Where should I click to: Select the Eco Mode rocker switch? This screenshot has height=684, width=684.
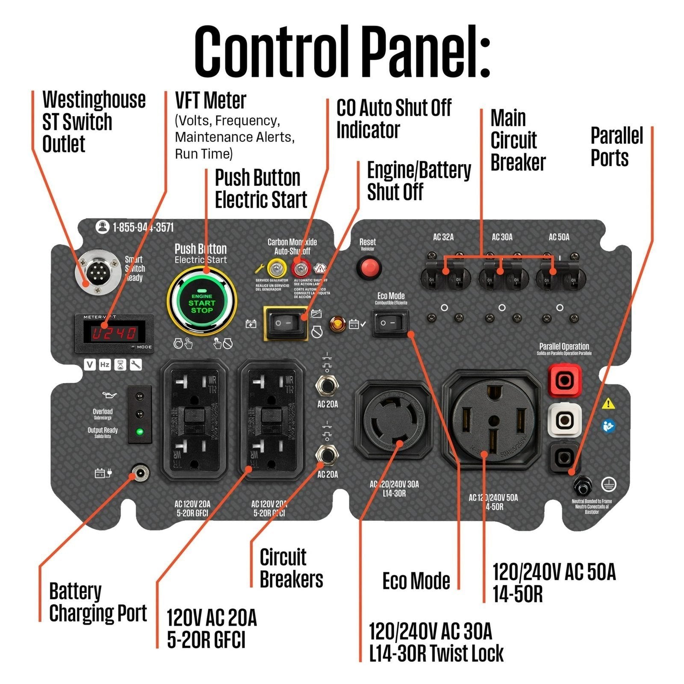[x=390, y=323]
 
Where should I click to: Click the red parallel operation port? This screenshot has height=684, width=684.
[x=565, y=380]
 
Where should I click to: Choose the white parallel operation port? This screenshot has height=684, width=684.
[x=565, y=420]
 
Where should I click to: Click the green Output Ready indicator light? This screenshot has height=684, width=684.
[x=139, y=431]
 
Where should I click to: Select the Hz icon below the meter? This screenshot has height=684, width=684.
[x=105, y=365]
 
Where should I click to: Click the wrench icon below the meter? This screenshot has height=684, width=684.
[x=136, y=365]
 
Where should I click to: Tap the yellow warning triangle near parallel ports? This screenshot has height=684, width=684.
[x=608, y=403]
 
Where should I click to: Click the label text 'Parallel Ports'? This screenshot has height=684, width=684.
[x=616, y=147]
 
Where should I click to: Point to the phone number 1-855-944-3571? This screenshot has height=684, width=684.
[x=143, y=227]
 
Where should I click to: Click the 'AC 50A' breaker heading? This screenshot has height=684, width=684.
[x=559, y=237]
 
